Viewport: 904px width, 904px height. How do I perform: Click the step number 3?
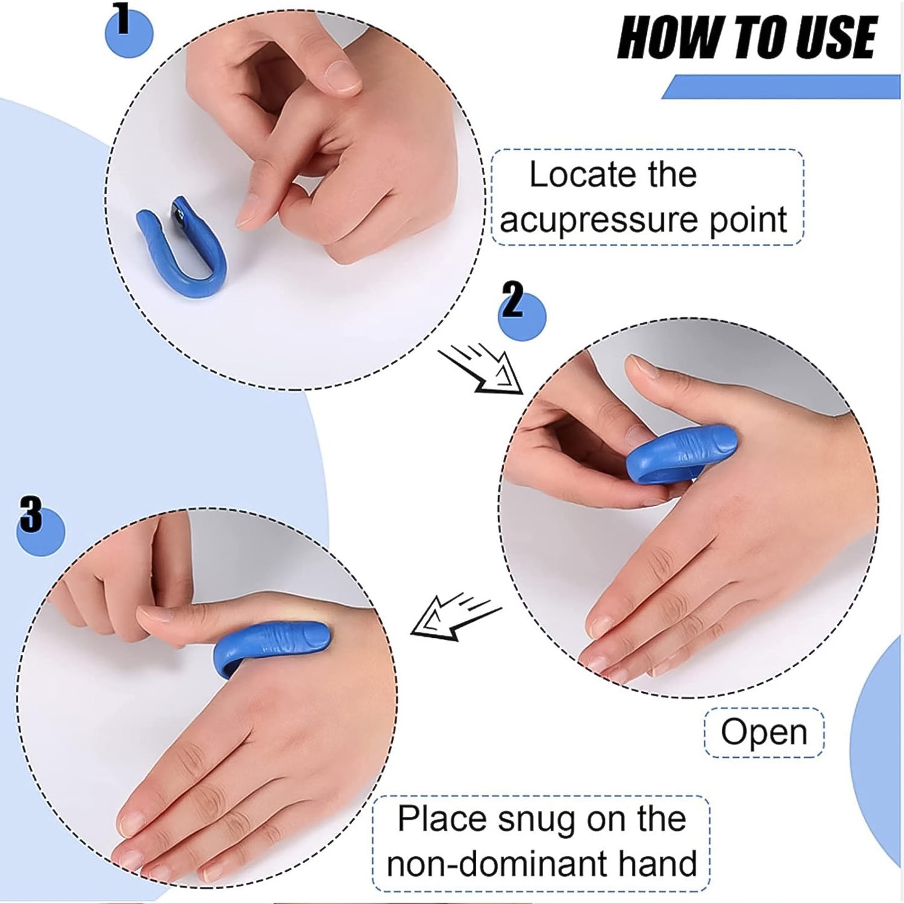(x=31, y=515)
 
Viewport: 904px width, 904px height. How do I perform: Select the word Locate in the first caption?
(x=576, y=175)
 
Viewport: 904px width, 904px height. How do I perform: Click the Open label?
(x=764, y=732)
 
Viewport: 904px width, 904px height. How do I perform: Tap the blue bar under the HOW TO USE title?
(x=782, y=87)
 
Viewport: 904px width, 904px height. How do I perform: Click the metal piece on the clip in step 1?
(x=179, y=211)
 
